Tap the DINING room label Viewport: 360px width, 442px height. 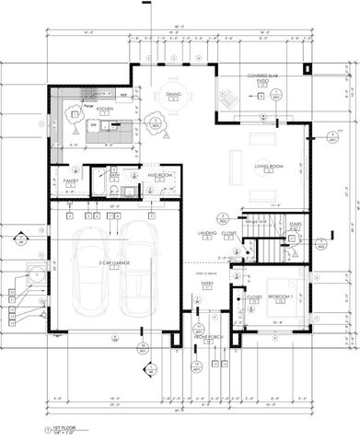click(x=172, y=94)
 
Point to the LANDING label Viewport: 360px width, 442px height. click(x=207, y=233)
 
